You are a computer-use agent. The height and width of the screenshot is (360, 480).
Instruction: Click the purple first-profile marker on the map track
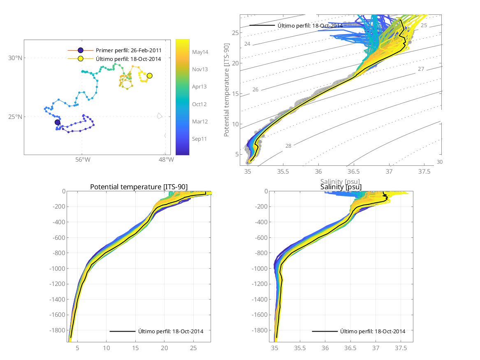(x=57, y=122)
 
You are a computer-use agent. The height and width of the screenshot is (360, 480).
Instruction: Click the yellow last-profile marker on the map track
(x=149, y=76)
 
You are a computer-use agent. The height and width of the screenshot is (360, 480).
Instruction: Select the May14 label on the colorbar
(x=200, y=52)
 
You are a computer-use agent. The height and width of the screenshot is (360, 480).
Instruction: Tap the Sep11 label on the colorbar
(x=199, y=139)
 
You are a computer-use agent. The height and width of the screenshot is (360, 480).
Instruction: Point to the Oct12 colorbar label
(x=199, y=104)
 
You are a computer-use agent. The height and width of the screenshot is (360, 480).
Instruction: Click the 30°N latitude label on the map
(x=15, y=58)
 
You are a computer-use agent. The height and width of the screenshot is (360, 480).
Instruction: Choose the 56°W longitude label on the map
(x=82, y=160)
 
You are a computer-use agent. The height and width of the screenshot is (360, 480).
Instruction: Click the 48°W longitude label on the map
(x=166, y=160)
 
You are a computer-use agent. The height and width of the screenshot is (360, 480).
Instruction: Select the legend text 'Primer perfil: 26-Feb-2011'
(x=128, y=50)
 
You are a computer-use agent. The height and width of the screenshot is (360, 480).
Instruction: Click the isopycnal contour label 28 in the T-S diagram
(x=288, y=146)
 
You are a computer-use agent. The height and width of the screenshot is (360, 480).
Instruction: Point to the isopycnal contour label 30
(x=439, y=162)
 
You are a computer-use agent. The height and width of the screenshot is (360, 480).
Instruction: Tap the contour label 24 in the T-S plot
(x=247, y=44)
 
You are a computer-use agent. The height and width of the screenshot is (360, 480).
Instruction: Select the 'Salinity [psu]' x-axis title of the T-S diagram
(x=341, y=181)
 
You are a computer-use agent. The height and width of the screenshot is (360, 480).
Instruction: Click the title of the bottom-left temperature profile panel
(x=139, y=187)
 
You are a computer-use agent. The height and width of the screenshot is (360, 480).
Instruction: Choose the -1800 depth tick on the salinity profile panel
(x=259, y=330)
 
